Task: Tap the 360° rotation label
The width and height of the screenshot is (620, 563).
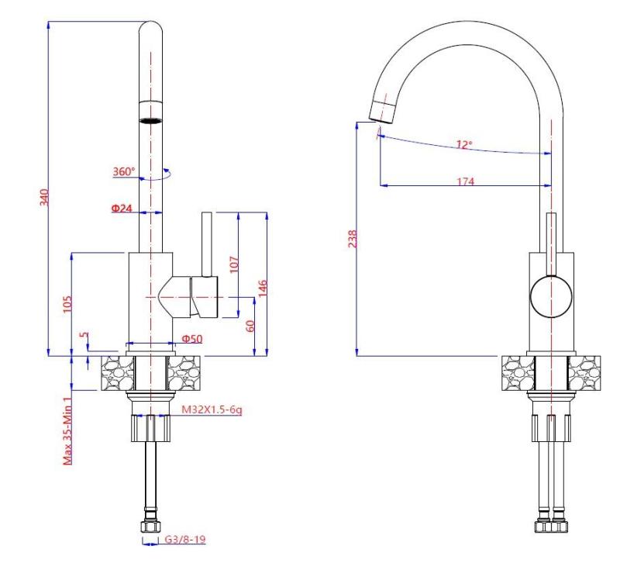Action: click(123, 172)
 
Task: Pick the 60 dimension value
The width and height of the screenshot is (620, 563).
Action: click(250, 326)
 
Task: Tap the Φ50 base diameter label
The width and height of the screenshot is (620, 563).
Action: click(192, 339)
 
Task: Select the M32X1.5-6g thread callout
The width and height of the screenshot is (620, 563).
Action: click(210, 409)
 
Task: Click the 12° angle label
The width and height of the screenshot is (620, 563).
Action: click(463, 145)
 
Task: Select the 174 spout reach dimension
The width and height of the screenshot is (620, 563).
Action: click(466, 181)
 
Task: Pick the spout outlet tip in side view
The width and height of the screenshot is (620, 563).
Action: click(382, 112)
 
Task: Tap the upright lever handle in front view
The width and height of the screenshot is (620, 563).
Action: click(207, 243)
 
